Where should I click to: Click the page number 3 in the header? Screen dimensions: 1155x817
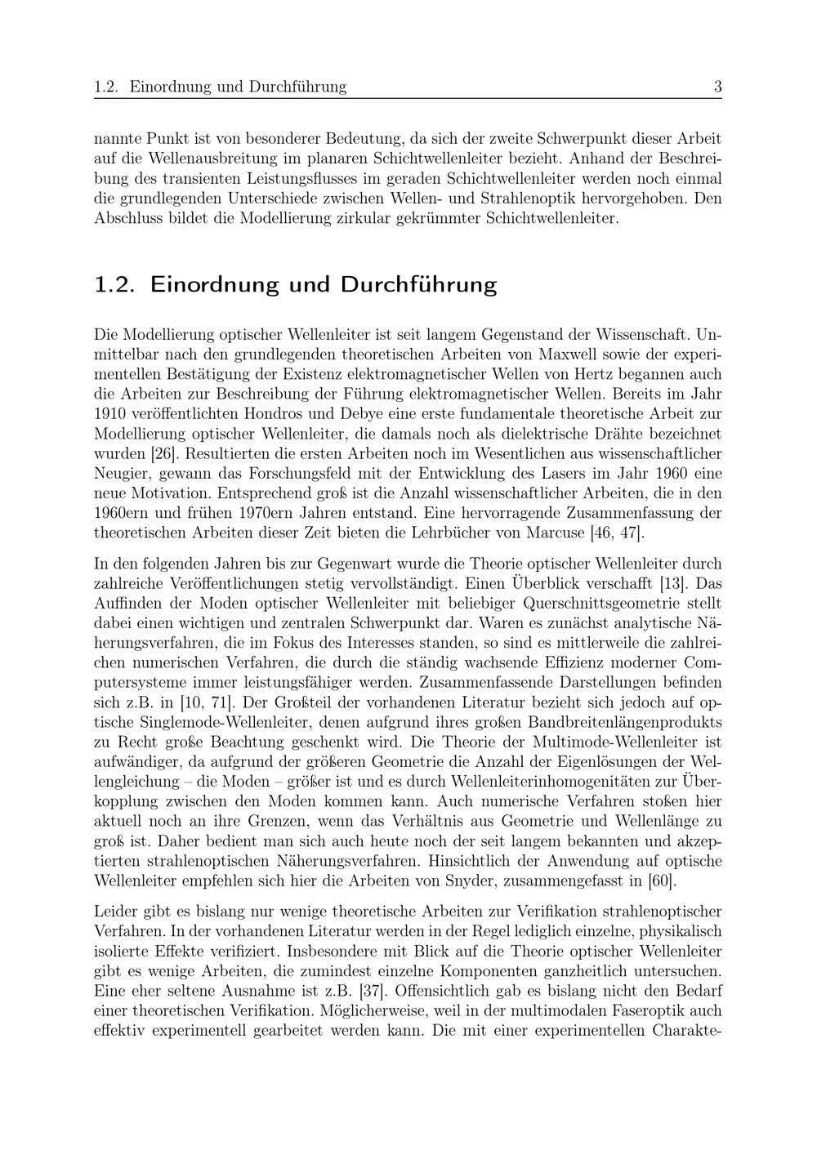pyautogui.click(x=717, y=87)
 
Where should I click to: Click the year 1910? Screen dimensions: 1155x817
pyautogui.click(x=109, y=413)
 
